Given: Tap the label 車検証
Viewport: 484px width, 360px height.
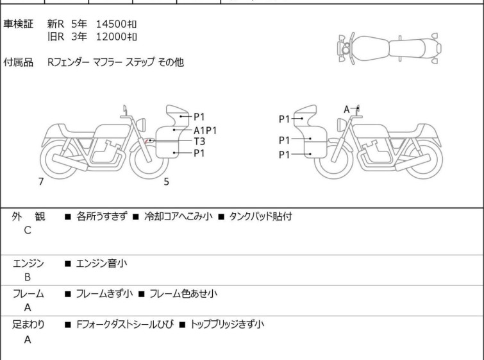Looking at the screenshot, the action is pyautogui.click(x=18, y=24).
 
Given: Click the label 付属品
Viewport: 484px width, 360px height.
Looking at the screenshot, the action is pyautogui.click(x=18, y=62).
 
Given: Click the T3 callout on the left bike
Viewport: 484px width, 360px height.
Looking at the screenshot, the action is pyautogui.click(x=199, y=141).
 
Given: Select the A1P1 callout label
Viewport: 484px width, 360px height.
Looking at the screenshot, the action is pyautogui.click(x=205, y=130).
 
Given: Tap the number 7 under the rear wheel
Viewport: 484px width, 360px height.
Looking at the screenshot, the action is pyautogui.click(x=41, y=182).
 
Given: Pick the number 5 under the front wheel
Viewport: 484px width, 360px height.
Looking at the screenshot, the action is pyautogui.click(x=167, y=182).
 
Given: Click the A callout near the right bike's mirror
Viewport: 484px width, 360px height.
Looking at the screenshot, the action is pyautogui.click(x=347, y=109).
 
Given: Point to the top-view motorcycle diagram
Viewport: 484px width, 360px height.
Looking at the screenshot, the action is pyautogui.click(x=389, y=49).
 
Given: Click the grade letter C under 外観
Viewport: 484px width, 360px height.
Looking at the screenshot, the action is pyautogui.click(x=28, y=230).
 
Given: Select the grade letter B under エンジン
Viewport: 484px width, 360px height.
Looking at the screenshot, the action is pyautogui.click(x=28, y=277).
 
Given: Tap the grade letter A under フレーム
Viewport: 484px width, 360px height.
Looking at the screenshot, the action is pyautogui.click(x=28, y=307).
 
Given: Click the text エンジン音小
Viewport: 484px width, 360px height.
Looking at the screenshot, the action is pyautogui.click(x=101, y=264).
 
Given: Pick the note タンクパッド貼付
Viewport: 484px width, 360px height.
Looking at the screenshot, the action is pyautogui.click(x=260, y=216).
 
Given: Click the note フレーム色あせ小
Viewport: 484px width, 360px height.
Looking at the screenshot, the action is pyautogui.click(x=183, y=293).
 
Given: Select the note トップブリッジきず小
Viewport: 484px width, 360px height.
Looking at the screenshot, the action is pyautogui.click(x=228, y=325).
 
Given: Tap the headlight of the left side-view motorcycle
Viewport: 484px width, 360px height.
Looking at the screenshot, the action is pyautogui.click(x=141, y=124).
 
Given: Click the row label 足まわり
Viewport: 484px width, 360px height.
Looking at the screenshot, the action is pyautogui.click(x=28, y=325).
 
